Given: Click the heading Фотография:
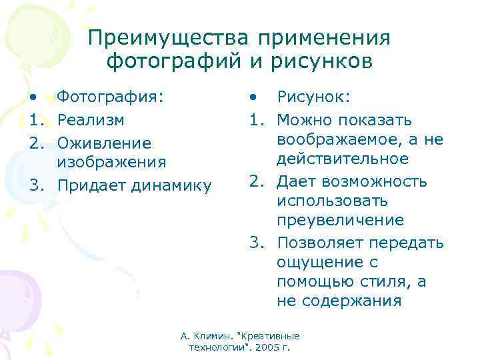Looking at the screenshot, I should click(110, 97).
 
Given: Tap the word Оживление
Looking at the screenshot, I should click(95, 143).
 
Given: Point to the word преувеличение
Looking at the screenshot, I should click(340, 220).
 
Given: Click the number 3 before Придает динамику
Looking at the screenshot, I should click(33, 185).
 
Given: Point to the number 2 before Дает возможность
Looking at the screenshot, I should click(255, 181).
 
